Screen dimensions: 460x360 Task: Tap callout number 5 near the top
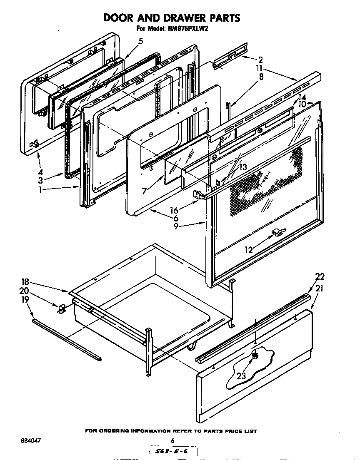click(x=141, y=41)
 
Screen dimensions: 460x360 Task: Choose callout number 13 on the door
click(x=242, y=167)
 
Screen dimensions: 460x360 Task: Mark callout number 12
click(x=249, y=250)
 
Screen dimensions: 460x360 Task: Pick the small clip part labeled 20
click(x=62, y=308)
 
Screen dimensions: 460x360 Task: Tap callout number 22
click(x=320, y=277)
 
